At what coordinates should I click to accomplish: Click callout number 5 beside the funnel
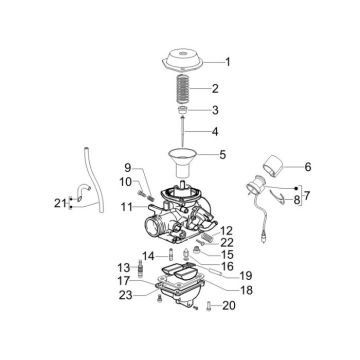tap(223, 155)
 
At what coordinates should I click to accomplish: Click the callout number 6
tap(308, 166)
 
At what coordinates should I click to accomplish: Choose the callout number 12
tap(128, 207)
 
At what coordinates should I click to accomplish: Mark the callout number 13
tap(125, 268)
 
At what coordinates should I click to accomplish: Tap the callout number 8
tap(297, 202)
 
